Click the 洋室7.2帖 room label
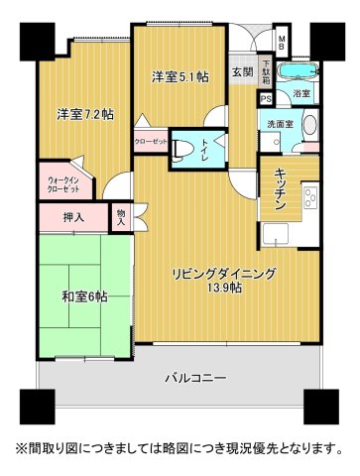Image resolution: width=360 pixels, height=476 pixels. (84, 115)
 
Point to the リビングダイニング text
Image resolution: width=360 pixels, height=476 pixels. (222, 273)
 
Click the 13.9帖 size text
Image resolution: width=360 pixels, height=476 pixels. (224, 289)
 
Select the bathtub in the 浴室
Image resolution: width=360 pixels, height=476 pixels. (295, 72)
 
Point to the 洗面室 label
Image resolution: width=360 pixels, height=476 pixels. (277, 124)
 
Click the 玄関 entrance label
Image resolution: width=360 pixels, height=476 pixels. (242, 71)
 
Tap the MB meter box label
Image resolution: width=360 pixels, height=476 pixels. (282, 43)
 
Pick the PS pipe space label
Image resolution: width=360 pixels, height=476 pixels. (265, 98)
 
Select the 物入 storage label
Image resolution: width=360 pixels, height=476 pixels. (121, 216)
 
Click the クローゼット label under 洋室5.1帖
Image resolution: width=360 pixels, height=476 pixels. (151, 141)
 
